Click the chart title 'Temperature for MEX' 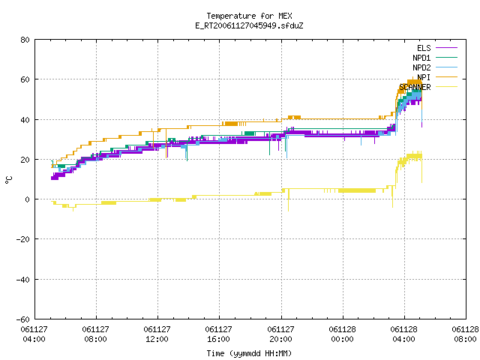pyautogui.click(x=249, y=16)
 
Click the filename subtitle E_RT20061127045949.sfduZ pyautogui.click(x=249, y=25)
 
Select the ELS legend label pyautogui.click(x=424, y=48)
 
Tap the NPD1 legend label pyautogui.click(x=421, y=58)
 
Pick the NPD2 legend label pyautogui.click(x=421, y=67)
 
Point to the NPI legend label pyautogui.click(x=424, y=77)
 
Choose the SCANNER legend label pyautogui.click(x=415, y=87)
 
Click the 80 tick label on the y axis pyautogui.click(x=25, y=40)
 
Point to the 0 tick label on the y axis pyautogui.click(x=28, y=199)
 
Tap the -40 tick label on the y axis pyautogui.click(x=23, y=280)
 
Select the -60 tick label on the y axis pyautogui.click(x=23, y=319)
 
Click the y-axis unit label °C pyautogui.click(x=8, y=180)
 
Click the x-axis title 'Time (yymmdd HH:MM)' pyautogui.click(x=249, y=353)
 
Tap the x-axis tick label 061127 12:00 pyautogui.click(x=157, y=334)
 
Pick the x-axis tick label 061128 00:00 pyautogui.click(x=342, y=334)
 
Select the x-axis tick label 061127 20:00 pyautogui.click(x=280, y=334)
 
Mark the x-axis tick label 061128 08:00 pyautogui.click(x=465, y=334)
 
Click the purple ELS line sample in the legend pyautogui.click(x=446, y=48)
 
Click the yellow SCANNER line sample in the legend pyautogui.click(x=446, y=87)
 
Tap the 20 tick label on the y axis pyautogui.click(x=25, y=160)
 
